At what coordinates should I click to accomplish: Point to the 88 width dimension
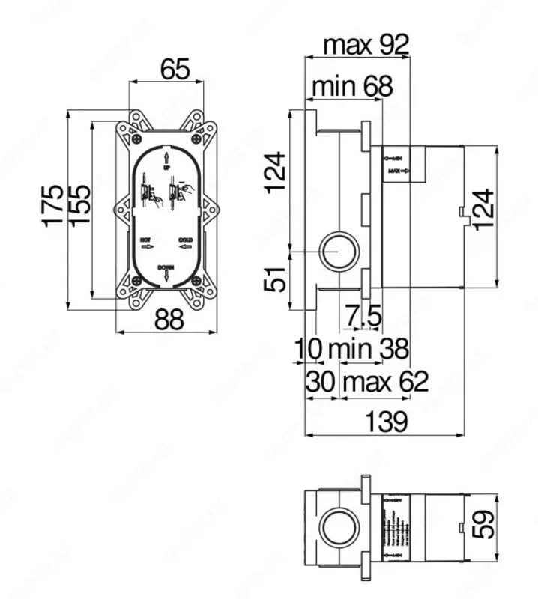pyautogui.click(x=169, y=320)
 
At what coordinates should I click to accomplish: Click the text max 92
pyautogui.click(x=366, y=46)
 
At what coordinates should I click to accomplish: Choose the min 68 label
pyautogui.click(x=351, y=87)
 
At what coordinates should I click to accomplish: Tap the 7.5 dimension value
pyautogui.click(x=364, y=317)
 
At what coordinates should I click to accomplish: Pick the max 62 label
pyautogui.click(x=385, y=383)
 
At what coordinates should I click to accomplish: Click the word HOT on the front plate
pyautogui.click(x=147, y=239)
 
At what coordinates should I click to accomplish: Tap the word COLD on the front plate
pyautogui.click(x=186, y=239)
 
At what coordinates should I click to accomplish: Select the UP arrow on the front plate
pyautogui.click(x=166, y=156)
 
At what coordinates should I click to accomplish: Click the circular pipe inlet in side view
pyautogui.click(x=340, y=253)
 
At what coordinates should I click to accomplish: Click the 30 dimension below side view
pyautogui.click(x=321, y=383)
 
